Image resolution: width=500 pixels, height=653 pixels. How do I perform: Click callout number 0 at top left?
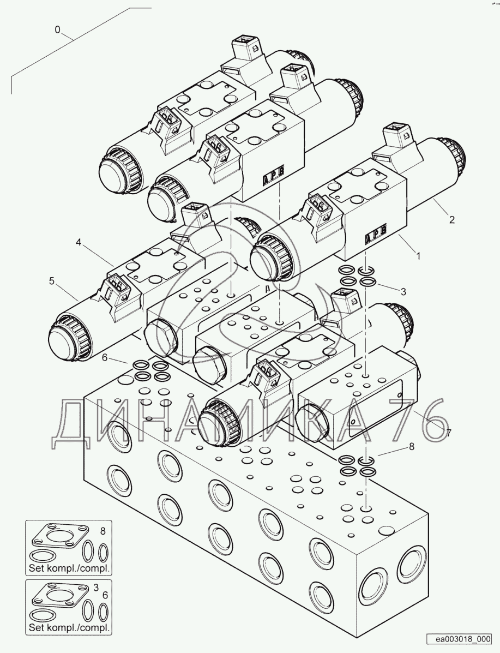pos(57,30)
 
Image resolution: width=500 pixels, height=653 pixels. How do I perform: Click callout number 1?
pos(418,254)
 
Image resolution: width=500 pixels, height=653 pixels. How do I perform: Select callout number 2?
pos(451,220)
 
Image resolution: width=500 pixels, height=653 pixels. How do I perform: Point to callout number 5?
pos(52,281)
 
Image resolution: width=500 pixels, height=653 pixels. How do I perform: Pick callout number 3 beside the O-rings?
pos(403,291)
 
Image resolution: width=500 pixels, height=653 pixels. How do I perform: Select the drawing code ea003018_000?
pos(460,639)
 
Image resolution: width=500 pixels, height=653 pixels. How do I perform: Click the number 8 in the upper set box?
pos(102,530)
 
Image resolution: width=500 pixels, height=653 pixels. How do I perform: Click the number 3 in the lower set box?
pos(96,587)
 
